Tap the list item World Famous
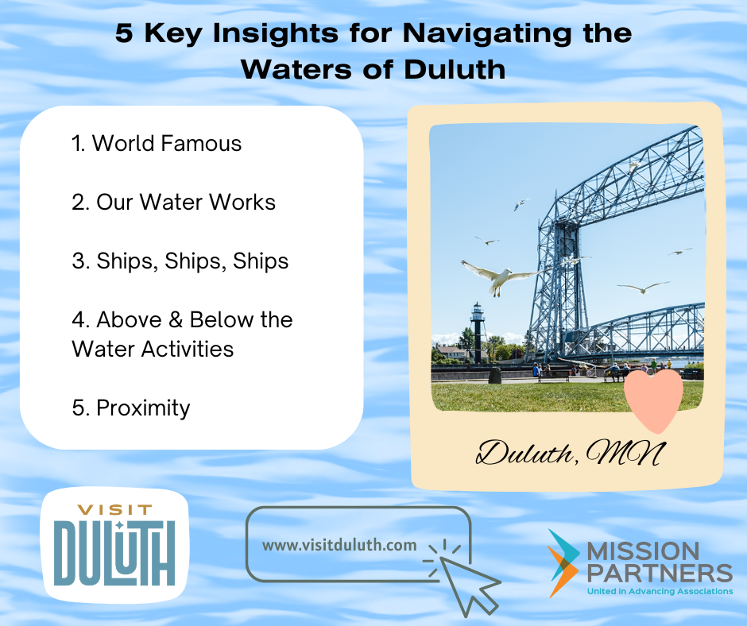pos(157,144)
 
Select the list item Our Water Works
pos(173,202)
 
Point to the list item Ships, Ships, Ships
pos(180,261)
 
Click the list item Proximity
pos(131,408)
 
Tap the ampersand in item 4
pos(176,319)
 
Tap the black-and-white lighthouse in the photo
pos(478,333)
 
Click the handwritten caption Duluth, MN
pos(570,453)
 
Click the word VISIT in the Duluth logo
pos(114,510)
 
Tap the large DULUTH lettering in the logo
pos(114,553)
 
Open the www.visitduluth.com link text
pos(339,545)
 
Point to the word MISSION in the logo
pos(643,551)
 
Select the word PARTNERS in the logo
pos(660,573)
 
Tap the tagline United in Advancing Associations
pos(660,592)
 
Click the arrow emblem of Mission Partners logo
pos(563,563)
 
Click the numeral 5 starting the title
pos(124,33)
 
